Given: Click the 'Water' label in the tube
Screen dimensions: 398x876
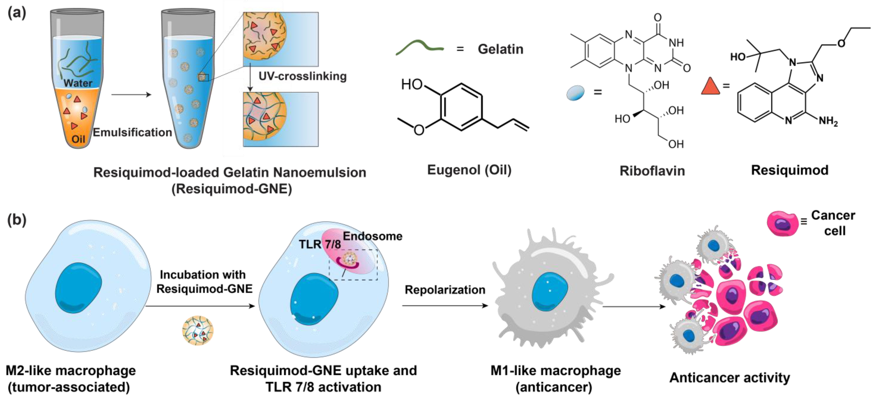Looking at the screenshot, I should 78,83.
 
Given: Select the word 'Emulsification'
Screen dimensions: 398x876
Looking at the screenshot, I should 132,132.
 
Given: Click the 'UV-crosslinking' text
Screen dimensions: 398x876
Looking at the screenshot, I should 302,76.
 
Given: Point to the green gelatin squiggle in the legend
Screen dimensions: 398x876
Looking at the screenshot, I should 419,47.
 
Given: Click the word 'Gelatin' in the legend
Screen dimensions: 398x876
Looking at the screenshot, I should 500,49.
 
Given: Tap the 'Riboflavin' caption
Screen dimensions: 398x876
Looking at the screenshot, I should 652,171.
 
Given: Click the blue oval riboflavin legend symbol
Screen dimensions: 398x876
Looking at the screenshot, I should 575,93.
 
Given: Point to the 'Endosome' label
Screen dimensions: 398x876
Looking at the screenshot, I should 372,236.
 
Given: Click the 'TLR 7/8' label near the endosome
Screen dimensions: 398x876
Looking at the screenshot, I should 320,244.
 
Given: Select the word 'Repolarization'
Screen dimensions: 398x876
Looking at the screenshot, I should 445,290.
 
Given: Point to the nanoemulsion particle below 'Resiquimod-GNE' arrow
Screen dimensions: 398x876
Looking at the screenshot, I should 198,330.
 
